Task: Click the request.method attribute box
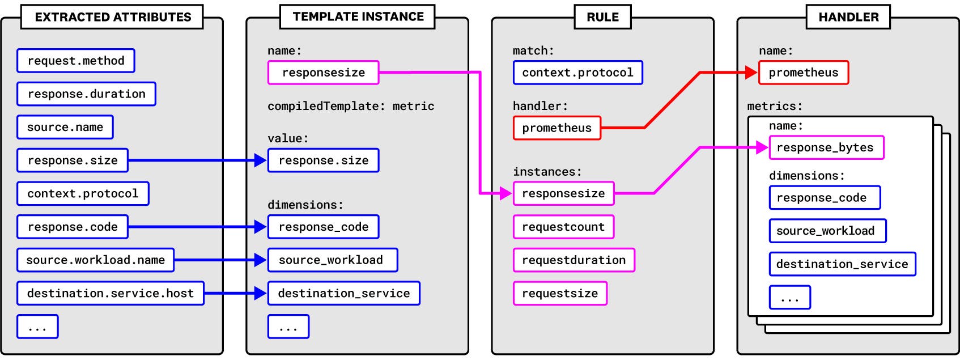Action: pos(75,61)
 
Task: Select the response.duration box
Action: pos(86,94)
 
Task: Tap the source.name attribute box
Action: pos(65,127)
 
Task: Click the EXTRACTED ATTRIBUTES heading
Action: pos(112,17)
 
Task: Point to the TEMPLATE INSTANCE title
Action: pos(358,16)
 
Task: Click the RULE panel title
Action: pos(602,17)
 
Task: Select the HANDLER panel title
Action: pos(848,17)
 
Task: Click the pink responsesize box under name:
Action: pos(323,73)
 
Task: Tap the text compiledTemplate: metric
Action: pos(351,106)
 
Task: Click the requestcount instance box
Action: pos(563,227)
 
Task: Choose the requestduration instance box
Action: pos(574,260)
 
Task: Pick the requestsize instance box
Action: pos(560,294)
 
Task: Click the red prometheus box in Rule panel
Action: pos(557,128)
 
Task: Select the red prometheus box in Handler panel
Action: pos(803,73)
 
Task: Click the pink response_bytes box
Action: pos(826,148)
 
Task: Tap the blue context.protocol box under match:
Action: pos(577,73)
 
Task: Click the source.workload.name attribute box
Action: pos(95,260)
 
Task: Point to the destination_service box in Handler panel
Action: pos(842,264)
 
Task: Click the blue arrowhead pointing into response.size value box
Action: pos(261,160)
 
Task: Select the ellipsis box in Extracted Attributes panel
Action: pos(37,327)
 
